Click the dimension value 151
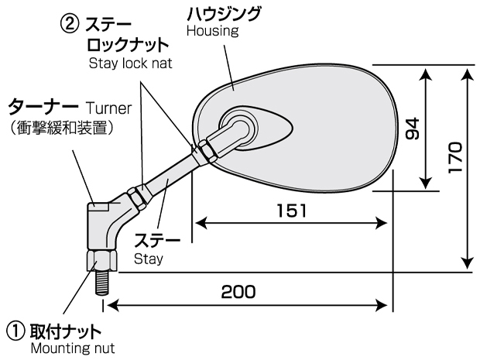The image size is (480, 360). (291, 211)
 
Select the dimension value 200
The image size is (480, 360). (238, 291)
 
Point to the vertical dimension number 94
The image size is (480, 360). (413, 129)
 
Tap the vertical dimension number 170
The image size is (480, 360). (454, 157)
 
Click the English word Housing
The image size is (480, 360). (212, 31)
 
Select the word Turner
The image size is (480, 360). (108, 108)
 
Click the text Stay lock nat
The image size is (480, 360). (131, 63)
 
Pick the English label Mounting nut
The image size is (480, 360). (73, 348)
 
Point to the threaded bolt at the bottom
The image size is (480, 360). (102, 283)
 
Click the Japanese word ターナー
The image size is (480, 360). (43, 107)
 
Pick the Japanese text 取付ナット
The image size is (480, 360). (66, 332)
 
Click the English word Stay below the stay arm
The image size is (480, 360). (149, 259)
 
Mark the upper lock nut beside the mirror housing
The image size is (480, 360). (207, 151)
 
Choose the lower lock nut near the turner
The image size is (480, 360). (136, 199)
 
